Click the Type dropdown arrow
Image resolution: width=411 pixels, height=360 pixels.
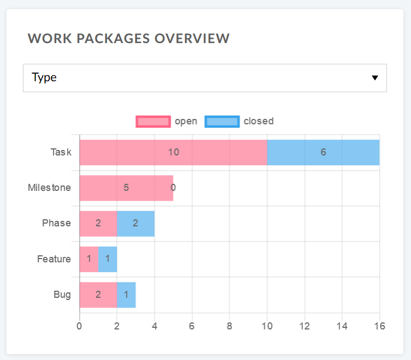[374, 77]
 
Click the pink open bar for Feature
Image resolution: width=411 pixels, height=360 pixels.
[89, 259]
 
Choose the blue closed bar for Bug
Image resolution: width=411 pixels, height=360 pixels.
[126, 295]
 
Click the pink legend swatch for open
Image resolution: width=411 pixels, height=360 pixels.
[153, 122]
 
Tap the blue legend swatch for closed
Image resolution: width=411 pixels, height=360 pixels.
[222, 122]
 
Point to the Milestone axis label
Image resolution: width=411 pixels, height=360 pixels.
[49, 188]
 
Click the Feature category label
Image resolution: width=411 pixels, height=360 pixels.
[53, 259]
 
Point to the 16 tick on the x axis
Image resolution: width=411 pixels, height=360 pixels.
[379, 326]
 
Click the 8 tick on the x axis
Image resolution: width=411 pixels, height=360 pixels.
[229, 326]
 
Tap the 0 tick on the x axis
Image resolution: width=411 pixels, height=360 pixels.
[80, 326]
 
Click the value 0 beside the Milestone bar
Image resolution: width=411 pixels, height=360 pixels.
[173, 188]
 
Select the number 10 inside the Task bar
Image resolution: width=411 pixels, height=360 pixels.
[174, 152]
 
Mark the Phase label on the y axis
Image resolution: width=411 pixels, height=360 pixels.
[56, 223]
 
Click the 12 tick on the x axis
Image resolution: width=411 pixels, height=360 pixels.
[304, 326]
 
